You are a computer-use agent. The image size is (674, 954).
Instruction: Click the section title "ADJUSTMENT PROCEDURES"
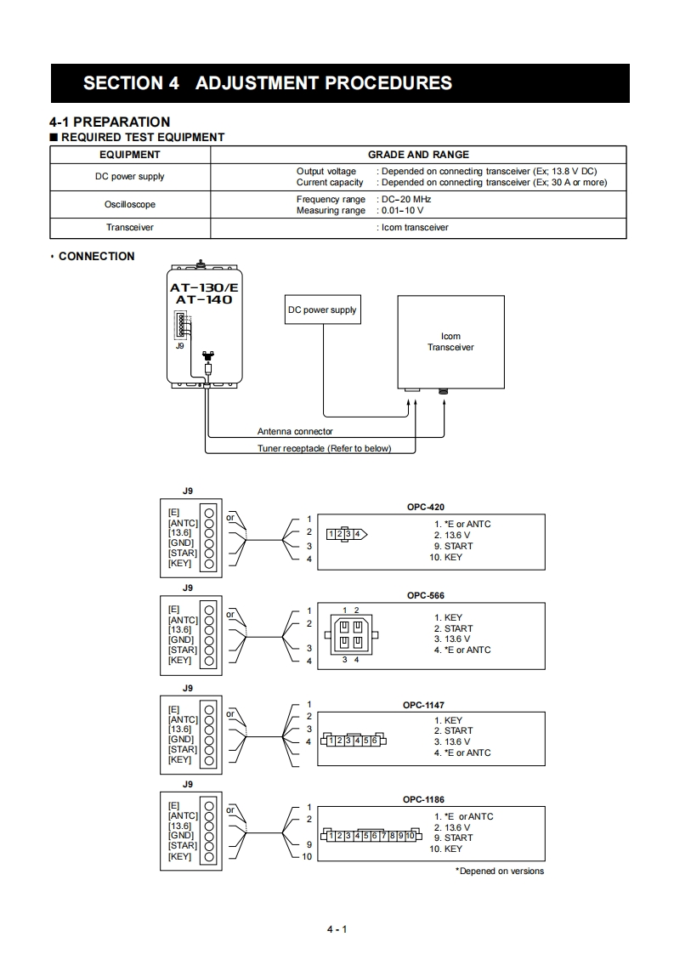323,83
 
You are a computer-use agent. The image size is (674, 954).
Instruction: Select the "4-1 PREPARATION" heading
110,122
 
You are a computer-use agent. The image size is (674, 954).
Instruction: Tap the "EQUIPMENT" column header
130,155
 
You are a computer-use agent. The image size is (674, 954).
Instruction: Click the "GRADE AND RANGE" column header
418,155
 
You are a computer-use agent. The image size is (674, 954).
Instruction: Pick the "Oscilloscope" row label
130,205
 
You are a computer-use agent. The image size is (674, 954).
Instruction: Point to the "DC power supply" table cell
130,177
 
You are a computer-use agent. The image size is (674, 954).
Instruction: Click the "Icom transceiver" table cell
413,228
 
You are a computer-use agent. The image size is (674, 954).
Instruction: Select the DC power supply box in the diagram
322,310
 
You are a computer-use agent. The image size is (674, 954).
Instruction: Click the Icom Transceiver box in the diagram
450,342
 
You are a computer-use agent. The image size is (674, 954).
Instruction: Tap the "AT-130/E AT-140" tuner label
203,293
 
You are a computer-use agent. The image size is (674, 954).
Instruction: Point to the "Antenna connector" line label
295,432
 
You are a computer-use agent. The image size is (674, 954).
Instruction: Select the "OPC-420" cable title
426,507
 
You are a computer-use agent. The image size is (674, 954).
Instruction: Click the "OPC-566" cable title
426,596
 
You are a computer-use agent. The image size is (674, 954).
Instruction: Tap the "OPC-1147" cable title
423,705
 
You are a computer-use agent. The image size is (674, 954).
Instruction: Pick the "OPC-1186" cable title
423,799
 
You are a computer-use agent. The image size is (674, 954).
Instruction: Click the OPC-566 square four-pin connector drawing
350,634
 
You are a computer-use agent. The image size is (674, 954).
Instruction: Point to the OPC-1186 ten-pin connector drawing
370,836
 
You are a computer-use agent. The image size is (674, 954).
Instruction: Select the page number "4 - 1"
337,928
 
